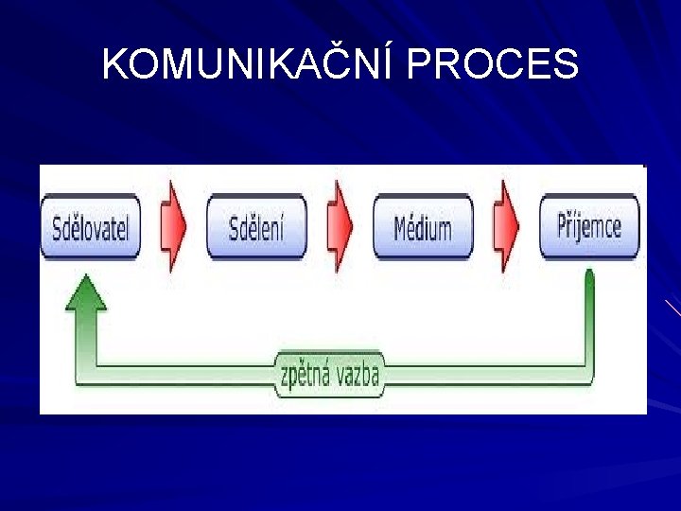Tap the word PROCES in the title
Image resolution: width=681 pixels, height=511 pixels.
[495, 64]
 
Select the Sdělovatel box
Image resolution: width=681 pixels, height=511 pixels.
[91, 227]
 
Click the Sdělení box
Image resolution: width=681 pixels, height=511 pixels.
[255, 227]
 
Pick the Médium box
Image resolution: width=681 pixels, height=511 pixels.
[423, 227]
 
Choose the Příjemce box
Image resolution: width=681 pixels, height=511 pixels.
[589, 227]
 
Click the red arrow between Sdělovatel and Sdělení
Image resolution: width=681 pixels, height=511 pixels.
[172, 226]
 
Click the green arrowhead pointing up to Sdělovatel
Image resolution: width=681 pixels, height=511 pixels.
[87, 291]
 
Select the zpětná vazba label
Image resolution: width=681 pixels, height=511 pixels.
[329, 376]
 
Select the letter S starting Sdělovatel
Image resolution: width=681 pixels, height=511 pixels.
[57, 228]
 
